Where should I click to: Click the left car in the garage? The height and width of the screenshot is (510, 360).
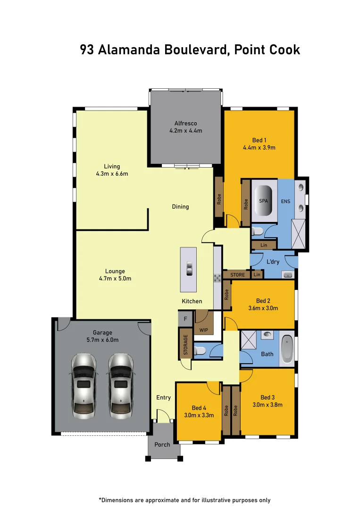click(x=84, y=386)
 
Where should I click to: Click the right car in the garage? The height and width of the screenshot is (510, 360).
click(x=121, y=386)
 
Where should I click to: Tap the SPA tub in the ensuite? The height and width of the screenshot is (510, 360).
click(x=264, y=201)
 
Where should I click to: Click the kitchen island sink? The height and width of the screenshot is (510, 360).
click(x=189, y=269)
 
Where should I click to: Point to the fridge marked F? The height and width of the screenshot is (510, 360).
click(x=185, y=319)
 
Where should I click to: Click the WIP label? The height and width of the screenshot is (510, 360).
click(x=204, y=330)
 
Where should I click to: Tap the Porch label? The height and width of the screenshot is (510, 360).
click(x=162, y=444)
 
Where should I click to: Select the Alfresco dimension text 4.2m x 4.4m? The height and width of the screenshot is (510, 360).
click(x=186, y=131)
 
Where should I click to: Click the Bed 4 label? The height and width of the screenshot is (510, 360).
click(x=199, y=408)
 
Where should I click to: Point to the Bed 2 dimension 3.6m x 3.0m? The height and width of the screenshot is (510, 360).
click(x=263, y=308)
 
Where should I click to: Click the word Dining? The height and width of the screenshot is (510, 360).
click(x=180, y=207)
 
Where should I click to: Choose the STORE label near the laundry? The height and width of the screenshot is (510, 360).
click(x=237, y=275)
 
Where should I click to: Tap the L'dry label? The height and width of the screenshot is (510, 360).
click(x=273, y=262)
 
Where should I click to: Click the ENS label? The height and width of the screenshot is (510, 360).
click(x=285, y=202)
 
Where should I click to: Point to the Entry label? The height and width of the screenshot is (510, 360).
click(x=163, y=398)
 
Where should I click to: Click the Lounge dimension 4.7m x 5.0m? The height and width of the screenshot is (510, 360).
click(x=115, y=279)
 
